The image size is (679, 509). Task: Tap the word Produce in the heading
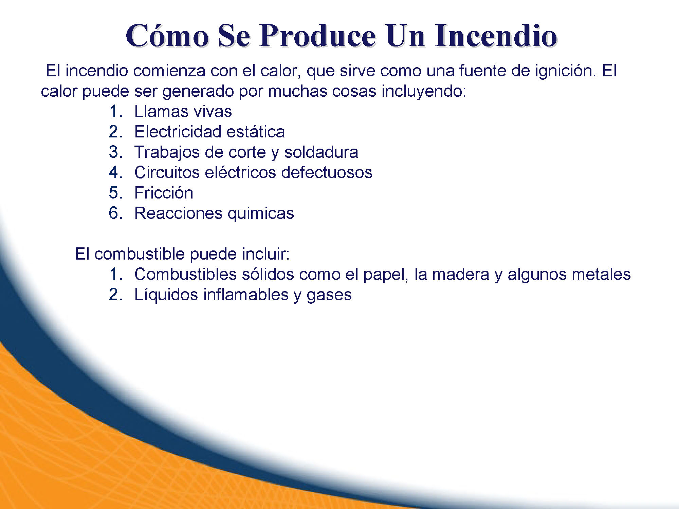(318, 36)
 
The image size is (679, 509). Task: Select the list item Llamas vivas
(183, 112)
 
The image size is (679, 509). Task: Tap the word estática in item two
(256, 132)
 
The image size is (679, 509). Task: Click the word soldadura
(321, 152)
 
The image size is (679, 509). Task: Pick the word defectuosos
(327, 173)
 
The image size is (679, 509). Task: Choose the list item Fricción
(164, 193)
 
